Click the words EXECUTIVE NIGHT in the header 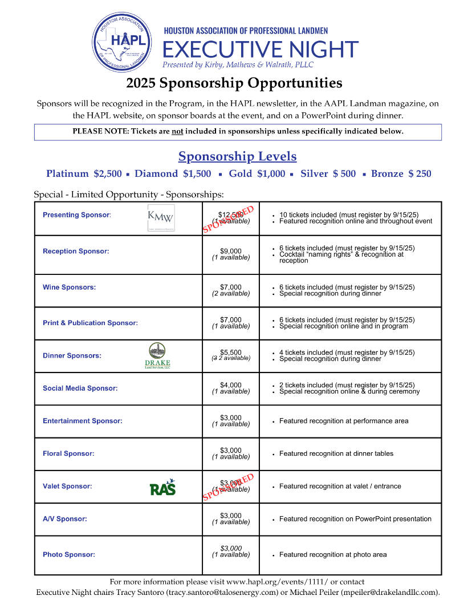coord(261,50)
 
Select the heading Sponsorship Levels coord(237,156)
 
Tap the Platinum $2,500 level coord(84,174)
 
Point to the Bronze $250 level coord(401,174)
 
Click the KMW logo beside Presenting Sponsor coord(161,217)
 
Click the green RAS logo coord(162,488)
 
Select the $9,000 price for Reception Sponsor coord(231,251)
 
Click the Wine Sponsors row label coord(69,287)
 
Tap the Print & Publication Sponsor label coord(90,323)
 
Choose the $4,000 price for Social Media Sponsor coord(231,385)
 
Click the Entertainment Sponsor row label coord(82,421)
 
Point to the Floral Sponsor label coord(68,453)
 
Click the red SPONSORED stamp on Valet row coord(228,487)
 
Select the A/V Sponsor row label coord(64,519)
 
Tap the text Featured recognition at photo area coord(333,554)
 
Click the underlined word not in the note coord(177,131)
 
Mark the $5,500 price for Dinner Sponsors coord(231,352)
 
